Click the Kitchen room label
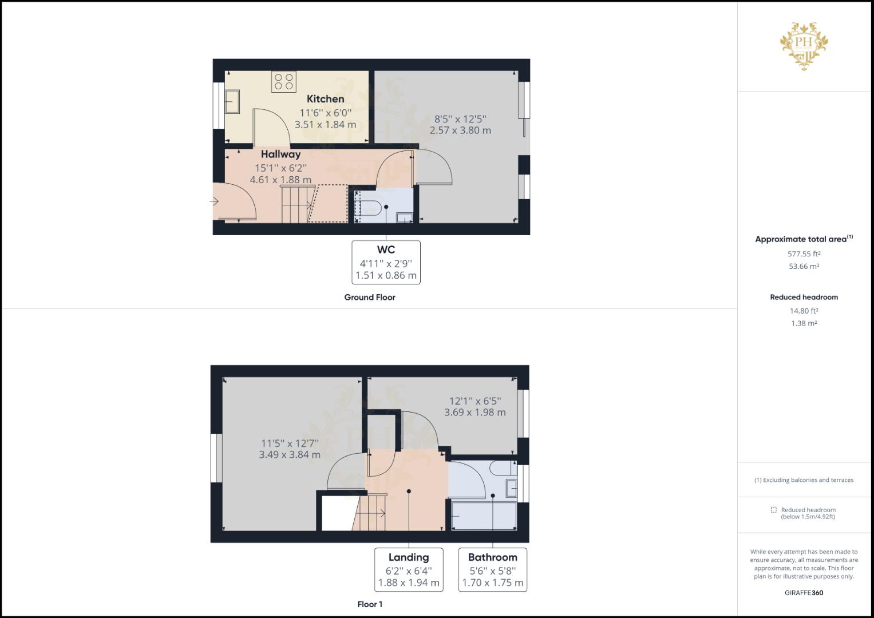(326, 98)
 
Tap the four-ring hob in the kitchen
(284, 81)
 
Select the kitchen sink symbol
(232, 101)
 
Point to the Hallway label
(280, 154)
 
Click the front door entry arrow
(214, 201)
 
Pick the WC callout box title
(386, 249)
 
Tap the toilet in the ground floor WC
(371, 208)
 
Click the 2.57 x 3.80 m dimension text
(460, 130)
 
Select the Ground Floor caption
(370, 298)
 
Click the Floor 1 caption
(370, 604)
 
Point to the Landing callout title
(409, 557)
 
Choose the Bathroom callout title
(492, 557)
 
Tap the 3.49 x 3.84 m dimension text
(290, 454)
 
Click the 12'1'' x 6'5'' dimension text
(475, 401)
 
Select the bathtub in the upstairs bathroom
(484, 516)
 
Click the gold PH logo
(804, 46)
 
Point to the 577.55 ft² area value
(804, 254)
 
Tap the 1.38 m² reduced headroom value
(804, 323)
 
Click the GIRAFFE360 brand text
(804, 593)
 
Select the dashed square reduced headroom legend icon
(774, 509)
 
